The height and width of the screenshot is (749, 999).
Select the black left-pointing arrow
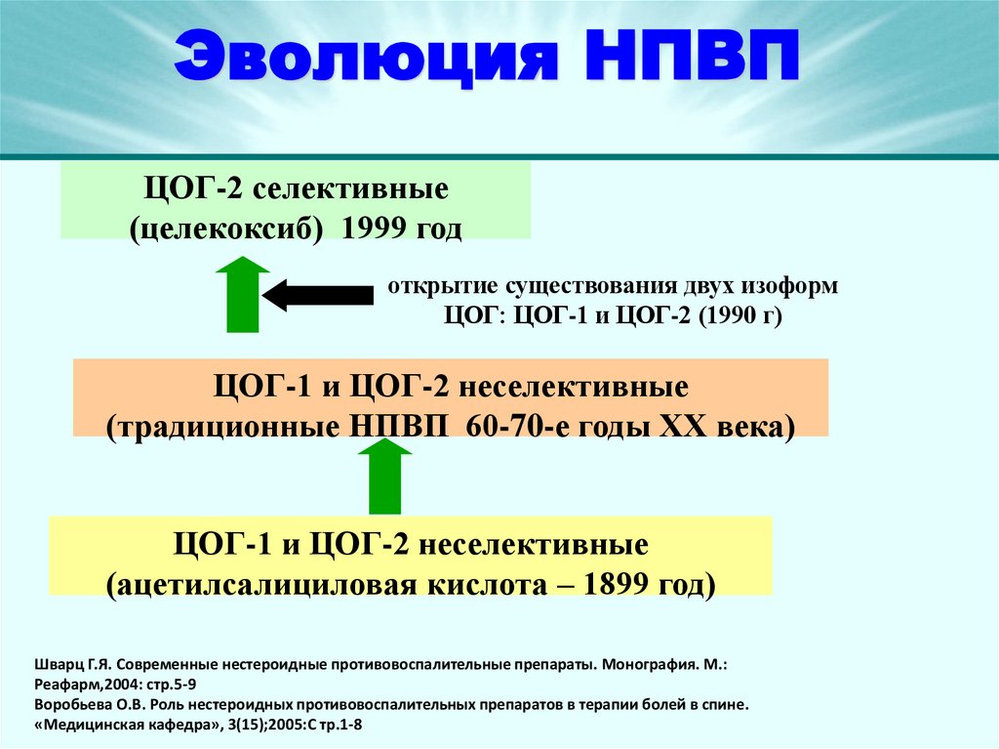(318, 295)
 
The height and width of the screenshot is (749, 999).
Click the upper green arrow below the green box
(242, 293)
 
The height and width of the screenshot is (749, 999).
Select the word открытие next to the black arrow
(440, 288)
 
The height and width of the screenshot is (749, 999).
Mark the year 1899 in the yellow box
(617, 585)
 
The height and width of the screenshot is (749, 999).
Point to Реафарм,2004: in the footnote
(84, 684)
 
